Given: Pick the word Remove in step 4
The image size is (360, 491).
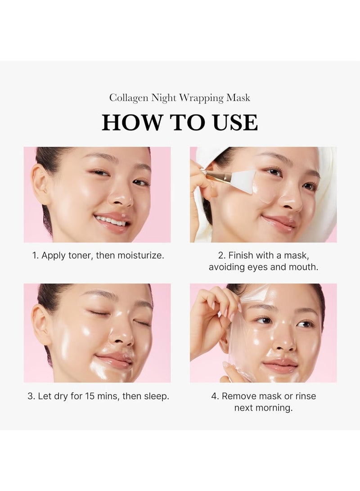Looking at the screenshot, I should click(x=241, y=396).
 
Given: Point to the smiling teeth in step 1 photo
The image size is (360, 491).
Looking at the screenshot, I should click(x=111, y=220).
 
